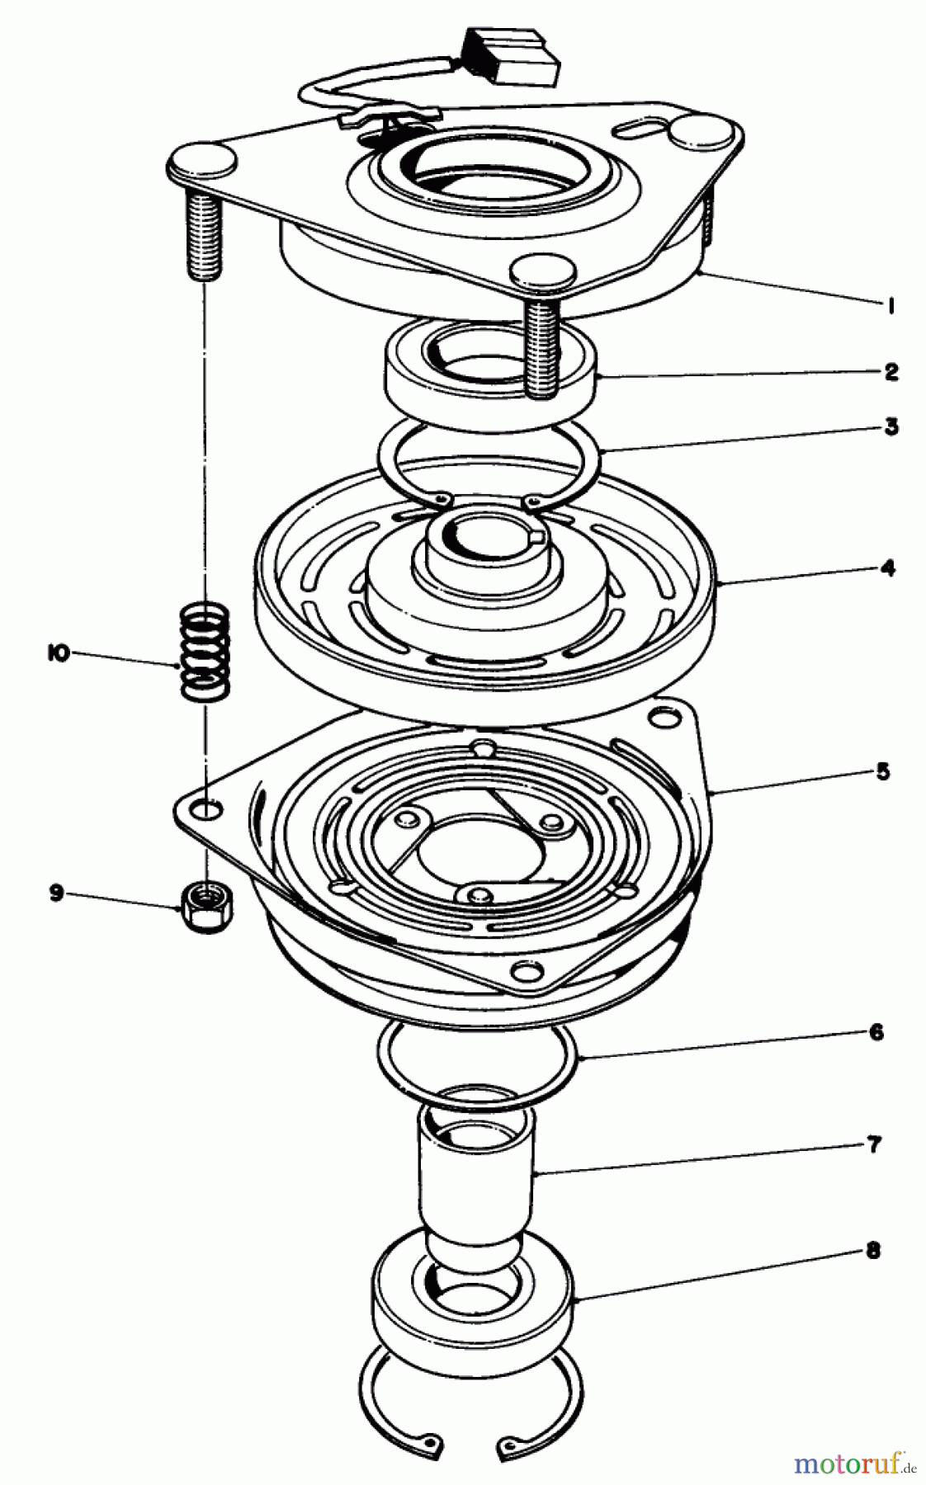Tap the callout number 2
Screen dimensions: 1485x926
(x=891, y=371)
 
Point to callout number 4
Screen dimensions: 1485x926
(x=887, y=568)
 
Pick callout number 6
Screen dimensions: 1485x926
(x=876, y=1031)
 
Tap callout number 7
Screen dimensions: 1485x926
(x=874, y=1144)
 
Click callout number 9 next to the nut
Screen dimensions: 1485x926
(x=56, y=893)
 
